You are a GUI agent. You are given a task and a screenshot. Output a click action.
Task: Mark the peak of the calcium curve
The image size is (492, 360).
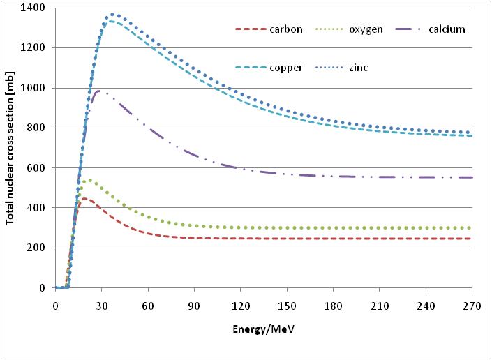coord(100,91)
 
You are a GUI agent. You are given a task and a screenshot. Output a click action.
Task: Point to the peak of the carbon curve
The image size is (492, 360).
coord(84,199)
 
